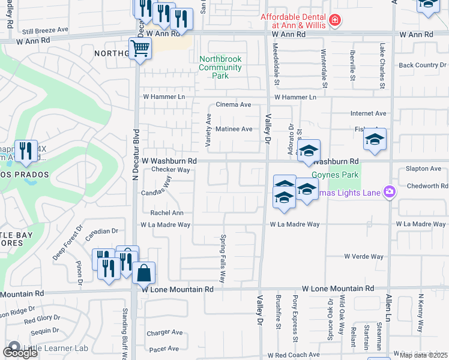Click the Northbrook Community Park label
point(220,67)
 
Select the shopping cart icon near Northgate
point(140,49)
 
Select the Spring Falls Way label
point(222,259)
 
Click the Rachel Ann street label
point(167,213)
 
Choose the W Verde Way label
point(363,257)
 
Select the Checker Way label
point(170,170)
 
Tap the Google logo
point(20,352)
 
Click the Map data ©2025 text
point(423,355)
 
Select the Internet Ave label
point(369,113)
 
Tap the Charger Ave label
point(164,332)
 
